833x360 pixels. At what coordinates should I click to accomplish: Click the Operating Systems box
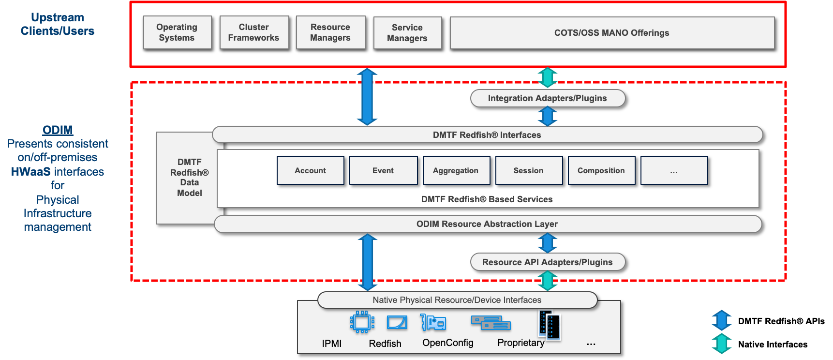(177, 32)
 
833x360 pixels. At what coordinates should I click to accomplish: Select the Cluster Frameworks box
(254, 32)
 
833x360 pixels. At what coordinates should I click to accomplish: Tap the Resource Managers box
(330, 32)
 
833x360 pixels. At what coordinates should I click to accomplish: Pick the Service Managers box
(407, 33)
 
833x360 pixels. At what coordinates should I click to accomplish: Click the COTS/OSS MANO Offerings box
(612, 33)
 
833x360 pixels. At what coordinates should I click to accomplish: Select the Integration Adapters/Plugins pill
(548, 98)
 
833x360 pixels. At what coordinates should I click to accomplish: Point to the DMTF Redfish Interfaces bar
(487, 135)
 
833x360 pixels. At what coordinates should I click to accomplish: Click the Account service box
(311, 170)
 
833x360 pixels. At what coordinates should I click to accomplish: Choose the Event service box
(383, 170)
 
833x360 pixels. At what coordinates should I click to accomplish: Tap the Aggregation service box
(456, 170)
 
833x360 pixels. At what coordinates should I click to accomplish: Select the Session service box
(529, 170)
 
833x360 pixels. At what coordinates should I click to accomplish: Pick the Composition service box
(601, 170)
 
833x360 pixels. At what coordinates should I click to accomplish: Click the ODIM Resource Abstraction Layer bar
(487, 224)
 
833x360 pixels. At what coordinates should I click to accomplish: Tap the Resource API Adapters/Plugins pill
(548, 262)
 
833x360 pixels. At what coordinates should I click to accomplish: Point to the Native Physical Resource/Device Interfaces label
(457, 300)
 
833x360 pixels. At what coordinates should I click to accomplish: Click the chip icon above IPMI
(362, 322)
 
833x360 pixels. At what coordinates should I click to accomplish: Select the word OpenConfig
(448, 343)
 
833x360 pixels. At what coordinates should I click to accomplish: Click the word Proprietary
(521, 343)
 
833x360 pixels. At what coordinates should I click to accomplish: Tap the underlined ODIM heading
(58, 130)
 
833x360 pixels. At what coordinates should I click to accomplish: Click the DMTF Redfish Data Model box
(189, 178)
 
